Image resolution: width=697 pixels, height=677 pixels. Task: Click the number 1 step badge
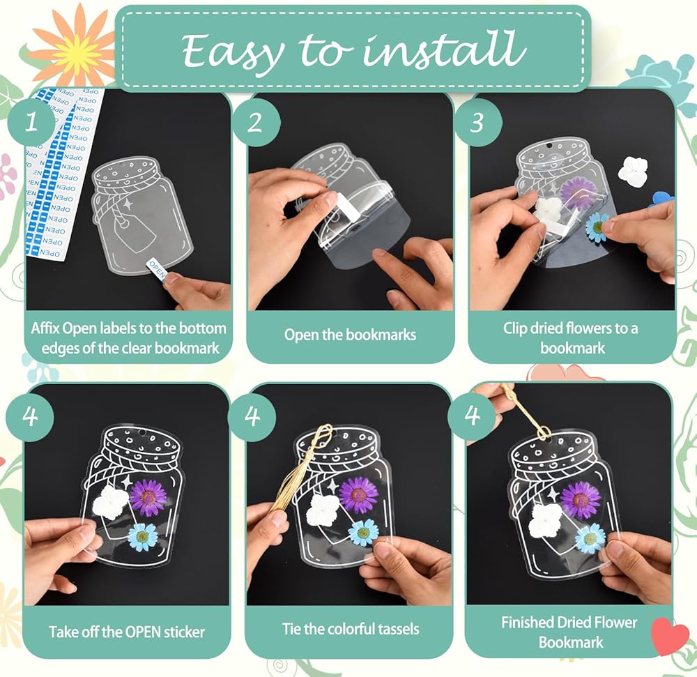[31, 121]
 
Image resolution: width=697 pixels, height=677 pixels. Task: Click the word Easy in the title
[233, 51]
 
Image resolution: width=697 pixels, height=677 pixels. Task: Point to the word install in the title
[445, 48]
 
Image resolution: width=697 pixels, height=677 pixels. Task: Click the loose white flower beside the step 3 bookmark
[633, 169]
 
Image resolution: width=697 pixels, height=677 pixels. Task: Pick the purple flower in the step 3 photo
[577, 190]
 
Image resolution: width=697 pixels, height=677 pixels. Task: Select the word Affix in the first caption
[45, 328]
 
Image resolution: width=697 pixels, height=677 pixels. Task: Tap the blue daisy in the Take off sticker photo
[142, 535]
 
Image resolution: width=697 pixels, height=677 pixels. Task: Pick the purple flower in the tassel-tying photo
[358, 494]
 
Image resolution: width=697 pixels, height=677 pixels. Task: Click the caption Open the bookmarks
[351, 335]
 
